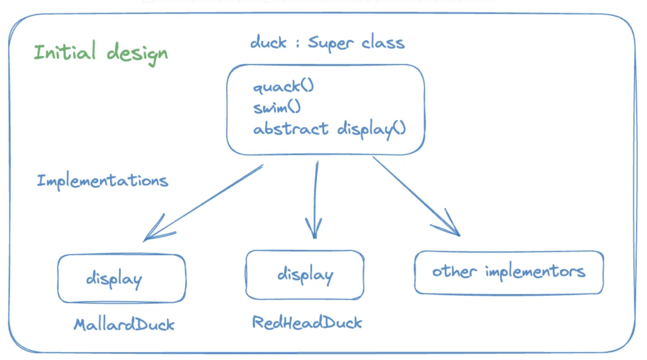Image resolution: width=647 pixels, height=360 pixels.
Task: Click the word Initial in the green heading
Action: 64,52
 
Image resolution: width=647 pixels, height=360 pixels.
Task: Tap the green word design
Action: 137,54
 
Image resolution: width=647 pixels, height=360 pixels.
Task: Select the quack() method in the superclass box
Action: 283,87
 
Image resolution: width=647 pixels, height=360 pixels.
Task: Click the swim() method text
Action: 277,108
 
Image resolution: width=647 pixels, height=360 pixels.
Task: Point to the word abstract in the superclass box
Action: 291,129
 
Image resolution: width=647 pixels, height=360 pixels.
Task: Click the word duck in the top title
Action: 268,43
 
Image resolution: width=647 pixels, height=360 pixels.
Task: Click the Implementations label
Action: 102,181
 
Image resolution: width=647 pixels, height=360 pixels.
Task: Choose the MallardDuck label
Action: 124,325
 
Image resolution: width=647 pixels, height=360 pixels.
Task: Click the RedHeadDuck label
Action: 307,323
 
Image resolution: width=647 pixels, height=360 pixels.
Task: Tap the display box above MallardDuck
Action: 122,278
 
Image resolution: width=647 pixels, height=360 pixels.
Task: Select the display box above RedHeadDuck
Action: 305,275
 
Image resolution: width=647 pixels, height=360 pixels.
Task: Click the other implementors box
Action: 509,272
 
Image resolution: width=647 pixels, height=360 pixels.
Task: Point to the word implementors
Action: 535,272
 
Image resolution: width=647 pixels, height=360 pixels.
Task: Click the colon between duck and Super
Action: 297,43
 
